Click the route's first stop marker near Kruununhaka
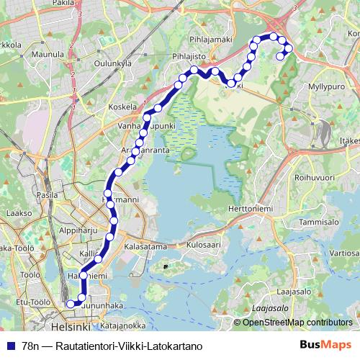[x=71, y=304]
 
